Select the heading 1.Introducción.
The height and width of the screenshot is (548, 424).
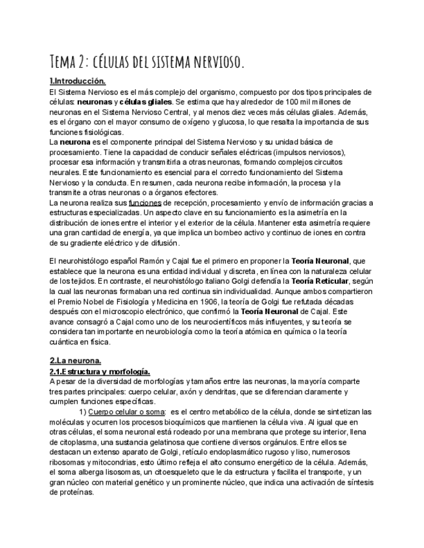point(78,81)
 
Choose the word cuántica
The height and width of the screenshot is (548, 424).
point(65,342)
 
